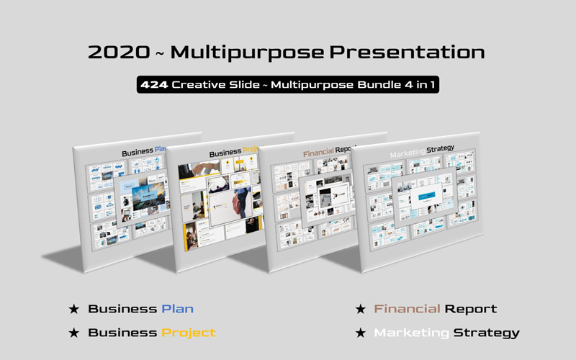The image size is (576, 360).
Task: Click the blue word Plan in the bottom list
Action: click(177, 309)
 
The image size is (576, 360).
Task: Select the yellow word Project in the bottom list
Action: click(189, 333)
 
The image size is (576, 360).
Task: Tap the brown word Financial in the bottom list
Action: click(407, 309)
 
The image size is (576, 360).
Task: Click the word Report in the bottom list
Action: click(470, 309)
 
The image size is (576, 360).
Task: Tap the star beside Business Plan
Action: click(73, 310)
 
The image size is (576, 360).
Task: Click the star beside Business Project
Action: click(73, 333)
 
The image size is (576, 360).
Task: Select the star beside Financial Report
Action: click(361, 310)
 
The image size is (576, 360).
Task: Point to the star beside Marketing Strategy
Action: click(361, 333)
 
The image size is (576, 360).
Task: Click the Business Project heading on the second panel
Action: click(234, 153)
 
